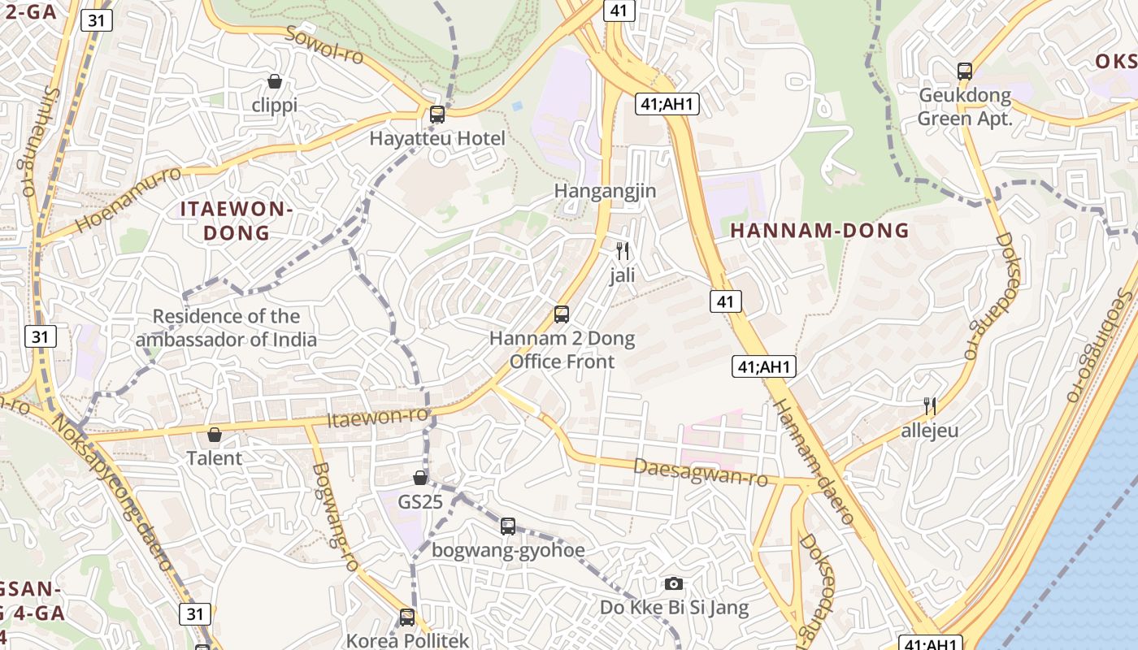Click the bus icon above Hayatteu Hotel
click(437, 115)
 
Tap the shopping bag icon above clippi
click(275, 81)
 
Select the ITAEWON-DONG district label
click(236, 221)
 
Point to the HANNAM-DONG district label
click(819, 231)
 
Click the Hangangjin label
click(605, 191)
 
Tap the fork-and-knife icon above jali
click(623, 251)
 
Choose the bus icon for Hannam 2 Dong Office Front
click(561, 314)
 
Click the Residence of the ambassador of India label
click(226, 328)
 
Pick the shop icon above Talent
click(215, 435)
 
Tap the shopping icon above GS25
click(420, 478)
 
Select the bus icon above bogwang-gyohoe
click(508, 526)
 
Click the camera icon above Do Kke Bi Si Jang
click(674, 583)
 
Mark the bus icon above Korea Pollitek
click(407, 617)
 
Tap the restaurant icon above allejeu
click(930, 405)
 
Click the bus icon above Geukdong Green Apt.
click(965, 71)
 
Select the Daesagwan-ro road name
click(700, 472)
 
